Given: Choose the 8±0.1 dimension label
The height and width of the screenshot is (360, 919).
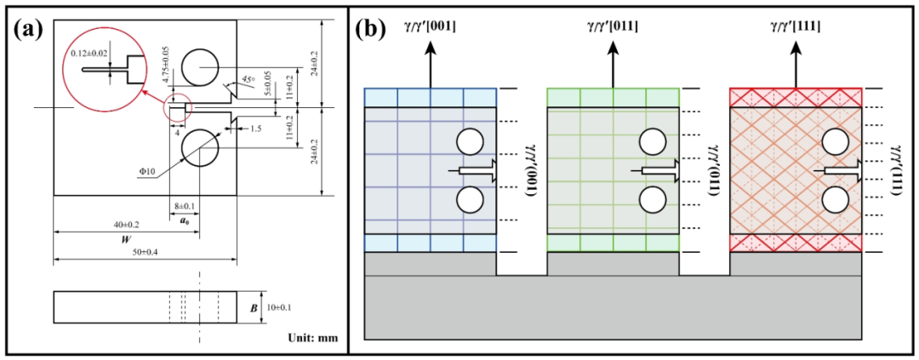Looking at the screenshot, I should pyautogui.click(x=183, y=205).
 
